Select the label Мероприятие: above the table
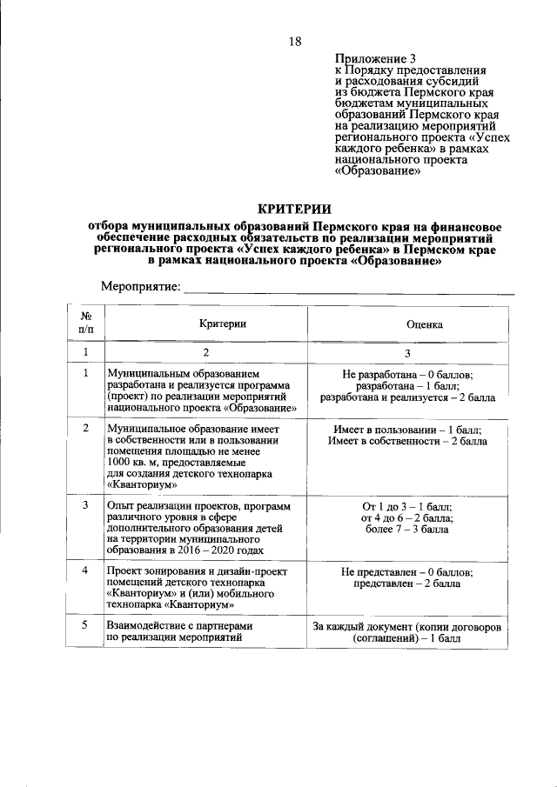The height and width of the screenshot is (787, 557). click(140, 286)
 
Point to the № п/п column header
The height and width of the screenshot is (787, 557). click(87, 323)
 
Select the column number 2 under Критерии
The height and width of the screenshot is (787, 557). click(206, 353)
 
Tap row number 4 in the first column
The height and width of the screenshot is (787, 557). click(85, 570)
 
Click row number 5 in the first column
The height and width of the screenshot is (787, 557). click(85, 625)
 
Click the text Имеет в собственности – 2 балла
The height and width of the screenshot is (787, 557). click(407, 441)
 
